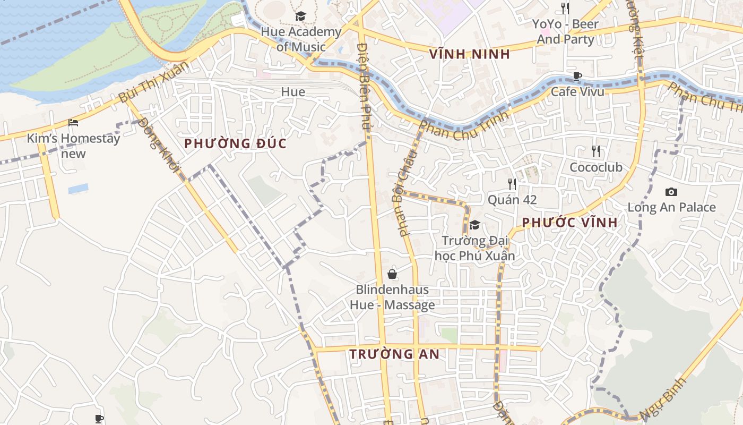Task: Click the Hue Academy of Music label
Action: [301, 39]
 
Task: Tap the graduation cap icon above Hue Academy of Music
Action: [300, 16]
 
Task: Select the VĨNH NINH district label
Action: [470, 54]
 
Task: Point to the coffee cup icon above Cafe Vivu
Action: [577, 76]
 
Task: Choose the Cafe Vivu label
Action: [577, 91]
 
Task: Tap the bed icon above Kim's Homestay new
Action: [73, 123]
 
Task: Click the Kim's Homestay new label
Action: [74, 146]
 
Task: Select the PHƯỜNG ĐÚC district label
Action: [235, 143]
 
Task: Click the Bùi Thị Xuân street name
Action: [153, 83]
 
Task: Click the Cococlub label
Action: [596, 167]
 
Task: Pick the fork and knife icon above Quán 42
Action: [512, 184]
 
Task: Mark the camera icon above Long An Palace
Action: [671, 192]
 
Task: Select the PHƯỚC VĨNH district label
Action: [570, 223]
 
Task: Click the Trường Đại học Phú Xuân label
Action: [475, 248]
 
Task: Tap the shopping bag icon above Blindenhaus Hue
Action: [392, 274]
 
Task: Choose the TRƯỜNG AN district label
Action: [394, 354]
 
